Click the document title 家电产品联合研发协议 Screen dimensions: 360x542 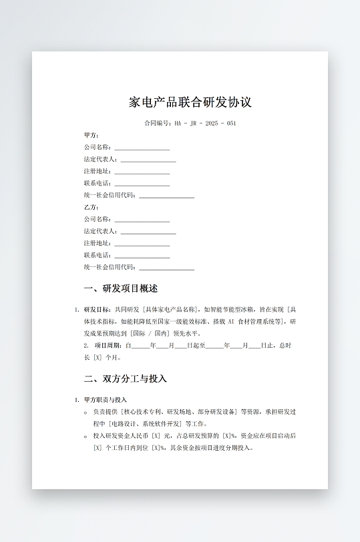(190, 103)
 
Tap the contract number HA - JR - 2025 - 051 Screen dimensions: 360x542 (204, 123)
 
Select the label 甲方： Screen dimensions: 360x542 (92, 135)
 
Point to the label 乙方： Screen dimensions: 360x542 (92, 208)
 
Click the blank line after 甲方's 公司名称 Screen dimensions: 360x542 (142, 148)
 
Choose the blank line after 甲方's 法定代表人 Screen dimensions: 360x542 (148, 160)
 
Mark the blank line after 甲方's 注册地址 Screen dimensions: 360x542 (142, 172)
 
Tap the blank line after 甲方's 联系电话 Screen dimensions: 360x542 (142, 184)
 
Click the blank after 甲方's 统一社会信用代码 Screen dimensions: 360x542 (166, 196)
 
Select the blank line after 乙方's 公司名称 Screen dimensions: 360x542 (142, 220)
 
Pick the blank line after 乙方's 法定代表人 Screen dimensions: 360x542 (148, 232)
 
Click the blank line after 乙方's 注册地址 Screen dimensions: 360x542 (142, 244)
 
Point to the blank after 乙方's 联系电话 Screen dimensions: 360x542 (142, 256)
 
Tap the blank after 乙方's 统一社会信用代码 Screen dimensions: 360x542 (166, 268)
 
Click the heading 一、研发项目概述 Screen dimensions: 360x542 (121, 289)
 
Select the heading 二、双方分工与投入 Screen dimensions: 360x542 (126, 379)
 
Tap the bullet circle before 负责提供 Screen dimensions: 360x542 (86, 413)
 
